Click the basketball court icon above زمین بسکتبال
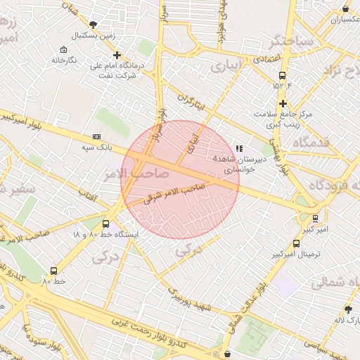point(93,24)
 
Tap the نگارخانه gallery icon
point(64,50)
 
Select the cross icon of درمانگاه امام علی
point(117,55)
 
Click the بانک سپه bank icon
point(96,137)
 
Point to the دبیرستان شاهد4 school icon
point(239,149)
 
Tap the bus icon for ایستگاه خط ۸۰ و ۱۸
point(105,224)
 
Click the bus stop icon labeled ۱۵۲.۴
point(282,75)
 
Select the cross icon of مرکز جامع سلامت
point(282,103)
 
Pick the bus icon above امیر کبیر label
point(315,219)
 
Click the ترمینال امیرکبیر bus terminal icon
point(296,243)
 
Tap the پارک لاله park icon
point(348,309)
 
